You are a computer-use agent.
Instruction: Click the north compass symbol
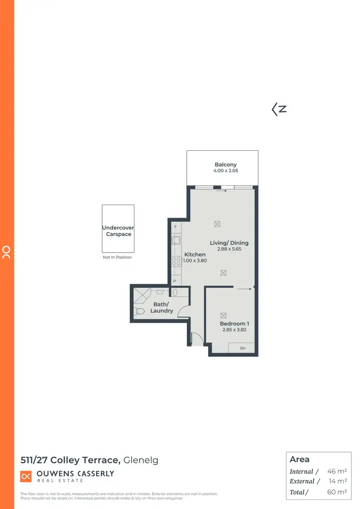tap(279, 109)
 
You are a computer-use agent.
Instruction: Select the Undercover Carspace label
tap(118, 231)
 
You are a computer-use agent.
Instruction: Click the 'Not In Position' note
tap(118, 257)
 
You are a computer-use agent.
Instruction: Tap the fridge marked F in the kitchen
tap(176, 226)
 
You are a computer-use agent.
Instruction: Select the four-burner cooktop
tap(176, 261)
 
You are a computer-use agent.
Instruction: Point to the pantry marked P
tap(175, 281)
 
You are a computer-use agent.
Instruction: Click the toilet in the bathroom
tap(140, 311)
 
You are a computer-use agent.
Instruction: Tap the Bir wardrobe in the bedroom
tap(243, 348)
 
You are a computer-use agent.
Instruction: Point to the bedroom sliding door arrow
tap(244, 289)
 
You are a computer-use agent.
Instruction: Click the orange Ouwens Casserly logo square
tap(26, 476)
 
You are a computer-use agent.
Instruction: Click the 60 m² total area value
tap(337, 492)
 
